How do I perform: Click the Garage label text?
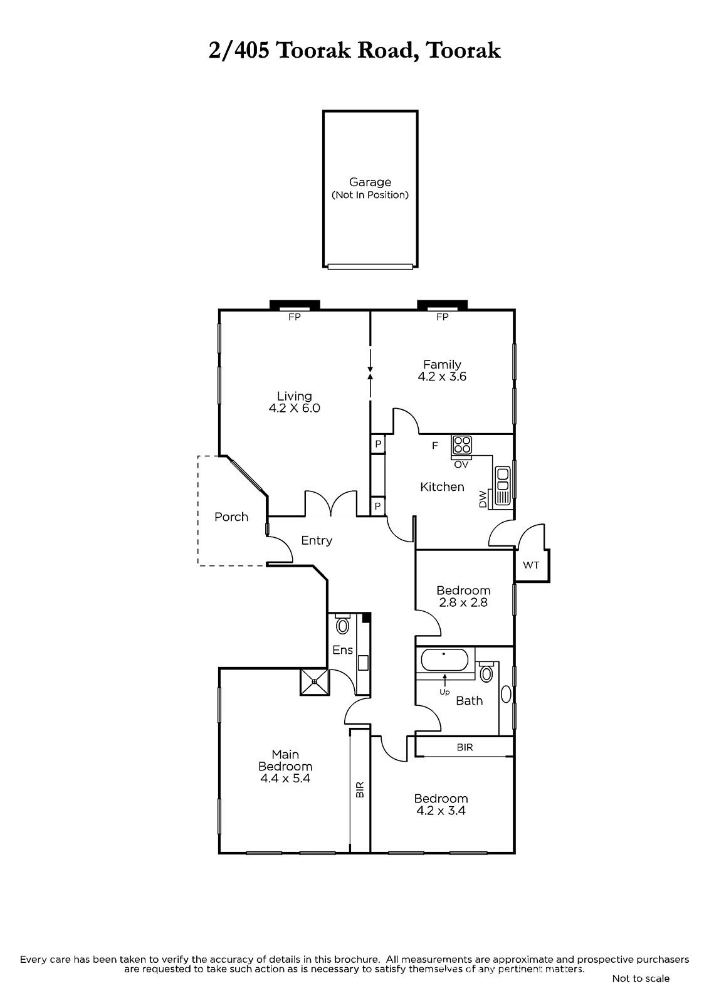[x=370, y=182]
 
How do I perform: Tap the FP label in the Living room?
[x=294, y=317]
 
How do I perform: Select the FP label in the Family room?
[x=442, y=317]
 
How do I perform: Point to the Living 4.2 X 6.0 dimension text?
[x=294, y=408]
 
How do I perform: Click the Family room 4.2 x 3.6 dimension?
[x=442, y=377]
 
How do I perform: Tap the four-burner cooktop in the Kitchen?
[x=462, y=445]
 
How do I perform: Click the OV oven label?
[x=461, y=465]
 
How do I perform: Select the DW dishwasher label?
[x=483, y=499]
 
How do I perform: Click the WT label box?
[x=531, y=565]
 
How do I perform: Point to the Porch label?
[x=231, y=517]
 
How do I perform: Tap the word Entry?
[x=317, y=540]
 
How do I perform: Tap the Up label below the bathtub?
[x=444, y=692]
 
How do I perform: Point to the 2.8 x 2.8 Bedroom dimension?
[x=463, y=602]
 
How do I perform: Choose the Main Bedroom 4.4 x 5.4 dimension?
[x=285, y=778]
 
